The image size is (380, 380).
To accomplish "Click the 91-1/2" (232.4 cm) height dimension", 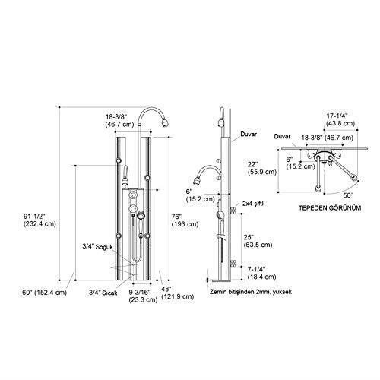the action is tap(40, 220).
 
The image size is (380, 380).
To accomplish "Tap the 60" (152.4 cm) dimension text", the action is tap(44, 293).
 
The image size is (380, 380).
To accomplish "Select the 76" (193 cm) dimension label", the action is tap(185, 220).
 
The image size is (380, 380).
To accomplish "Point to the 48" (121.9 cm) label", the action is tap(178, 293).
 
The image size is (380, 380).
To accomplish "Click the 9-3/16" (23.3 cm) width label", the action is tap(143, 296).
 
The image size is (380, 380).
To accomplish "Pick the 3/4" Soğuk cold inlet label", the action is tap(97, 246).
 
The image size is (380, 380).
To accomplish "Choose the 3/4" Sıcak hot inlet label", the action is tap(103, 293).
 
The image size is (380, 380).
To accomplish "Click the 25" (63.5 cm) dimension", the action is tap(258, 241).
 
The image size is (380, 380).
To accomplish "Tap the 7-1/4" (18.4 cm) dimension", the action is tap(261, 273).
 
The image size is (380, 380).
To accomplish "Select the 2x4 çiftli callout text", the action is tap(253, 204).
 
